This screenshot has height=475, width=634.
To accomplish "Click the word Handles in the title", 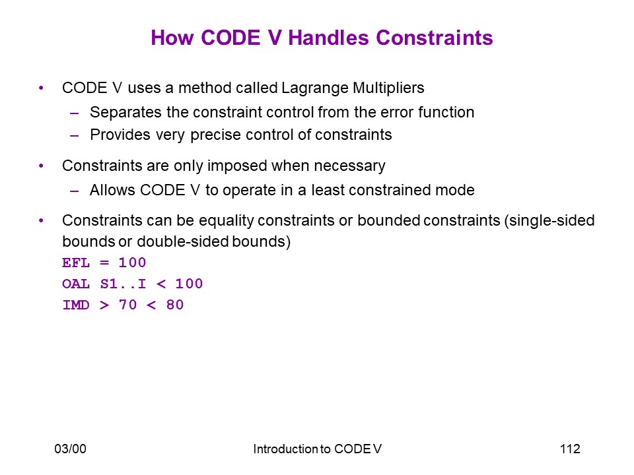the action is point(329,38).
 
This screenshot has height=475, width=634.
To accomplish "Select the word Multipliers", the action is point(388,88).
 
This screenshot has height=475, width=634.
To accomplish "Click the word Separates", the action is point(125,113).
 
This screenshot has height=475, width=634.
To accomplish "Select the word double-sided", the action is point(183,241).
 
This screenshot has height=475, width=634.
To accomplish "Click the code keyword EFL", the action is point(75,263).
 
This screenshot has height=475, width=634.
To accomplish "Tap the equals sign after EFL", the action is point(104,263).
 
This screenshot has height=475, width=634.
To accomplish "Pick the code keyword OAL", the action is point(75,284).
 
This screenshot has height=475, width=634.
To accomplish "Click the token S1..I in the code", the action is point(123,284).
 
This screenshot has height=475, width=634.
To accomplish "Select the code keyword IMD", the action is point(75,305).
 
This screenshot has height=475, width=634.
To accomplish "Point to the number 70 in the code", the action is point(127,305).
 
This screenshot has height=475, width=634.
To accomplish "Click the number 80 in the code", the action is point(174,305).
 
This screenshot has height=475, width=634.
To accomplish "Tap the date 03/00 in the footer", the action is point(71,449).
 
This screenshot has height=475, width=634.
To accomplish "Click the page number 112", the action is point(570,449).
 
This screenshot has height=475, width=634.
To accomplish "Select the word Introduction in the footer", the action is point(286,449).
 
